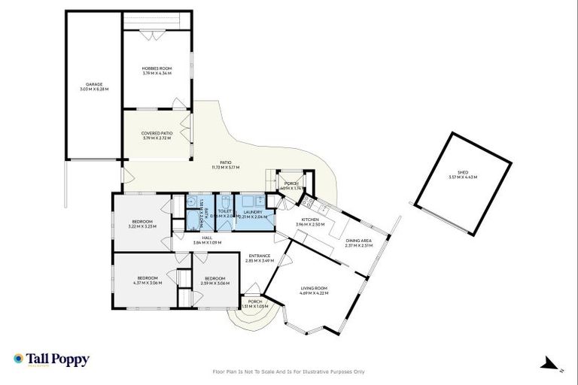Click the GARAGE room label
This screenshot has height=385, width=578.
click(x=94, y=84)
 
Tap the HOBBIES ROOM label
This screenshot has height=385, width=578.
click(x=157, y=68)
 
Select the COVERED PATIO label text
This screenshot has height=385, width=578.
click(x=157, y=133)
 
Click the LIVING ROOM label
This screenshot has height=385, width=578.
click(x=314, y=288)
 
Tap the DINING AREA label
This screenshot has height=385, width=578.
click(x=359, y=240)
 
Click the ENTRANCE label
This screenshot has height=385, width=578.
click(x=259, y=256)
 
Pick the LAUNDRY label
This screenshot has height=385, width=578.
click(x=253, y=213)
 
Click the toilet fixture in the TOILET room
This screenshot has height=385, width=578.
click(x=225, y=204)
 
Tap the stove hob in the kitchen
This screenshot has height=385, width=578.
click(x=306, y=202)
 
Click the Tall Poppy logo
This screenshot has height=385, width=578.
click(x=51, y=360)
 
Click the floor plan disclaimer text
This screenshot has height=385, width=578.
click(x=289, y=371)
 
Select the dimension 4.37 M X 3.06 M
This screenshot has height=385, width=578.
click(x=146, y=283)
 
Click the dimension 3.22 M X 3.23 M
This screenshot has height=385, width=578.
click(x=141, y=226)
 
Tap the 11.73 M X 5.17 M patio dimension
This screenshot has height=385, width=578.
click(x=225, y=167)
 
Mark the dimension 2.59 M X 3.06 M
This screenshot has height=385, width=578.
click(x=216, y=283)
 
